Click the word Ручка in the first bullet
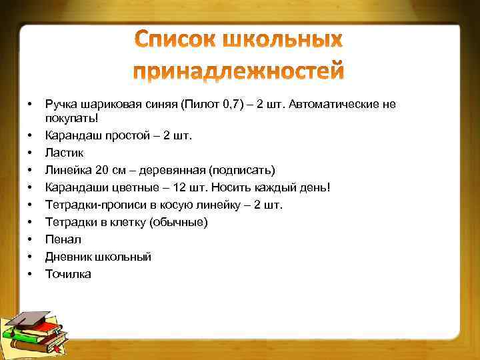(x=61, y=104)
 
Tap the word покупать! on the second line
(x=71, y=118)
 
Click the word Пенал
(x=63, y=239)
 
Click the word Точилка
(x=68, y=274)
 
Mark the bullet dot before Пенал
(x=30, y=239)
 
